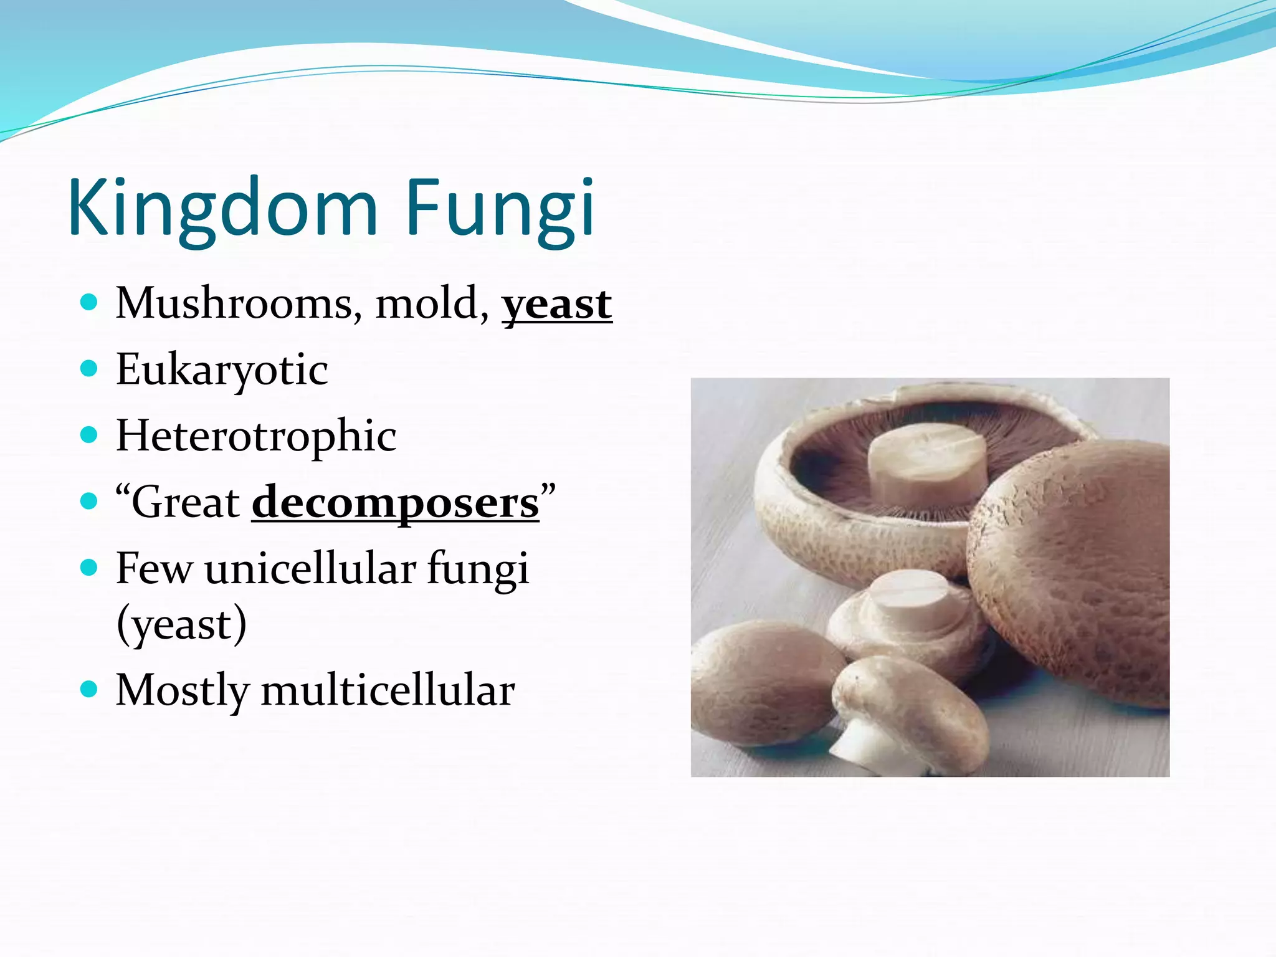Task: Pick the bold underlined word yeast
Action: point(557,305)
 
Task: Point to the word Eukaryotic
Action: point(222,370)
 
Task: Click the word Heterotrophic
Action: point(256,436)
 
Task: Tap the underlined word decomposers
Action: point(395,503)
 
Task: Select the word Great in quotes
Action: point(186,502)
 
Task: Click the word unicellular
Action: point(310,568)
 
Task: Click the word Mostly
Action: point(183,690)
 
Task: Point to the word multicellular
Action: point(388,690)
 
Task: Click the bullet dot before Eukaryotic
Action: point(90,369)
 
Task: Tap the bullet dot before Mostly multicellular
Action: point(90,689)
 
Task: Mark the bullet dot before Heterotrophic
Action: point(90,434)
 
